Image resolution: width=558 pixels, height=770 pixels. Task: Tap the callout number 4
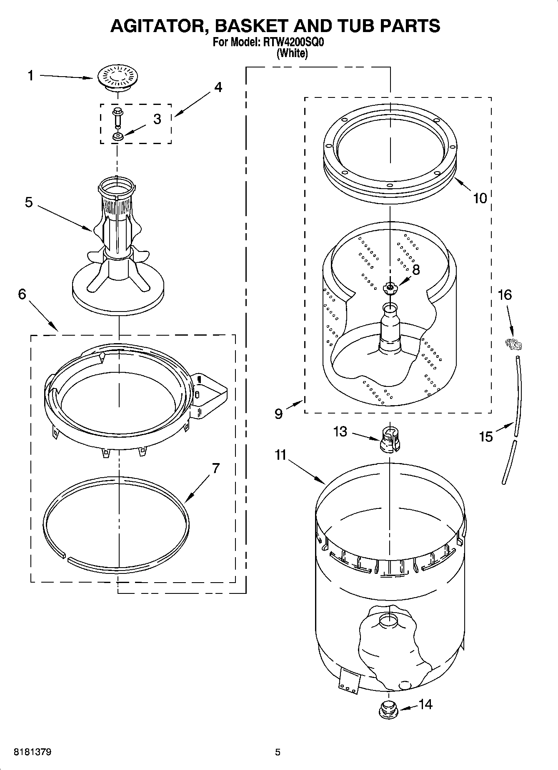coord(218,87)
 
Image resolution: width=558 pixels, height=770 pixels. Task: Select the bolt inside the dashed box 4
coord(118,117)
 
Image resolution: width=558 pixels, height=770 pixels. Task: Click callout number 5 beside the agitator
coord(29,202)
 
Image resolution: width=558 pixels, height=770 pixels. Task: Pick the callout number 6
coord(22,294)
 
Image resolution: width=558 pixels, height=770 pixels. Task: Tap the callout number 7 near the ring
coord(215,468)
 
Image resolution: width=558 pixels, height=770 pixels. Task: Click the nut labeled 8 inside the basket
coord(390,287)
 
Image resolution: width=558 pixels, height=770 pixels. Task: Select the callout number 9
coord(278,414)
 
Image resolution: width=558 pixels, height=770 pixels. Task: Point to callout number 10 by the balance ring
coord(480,198)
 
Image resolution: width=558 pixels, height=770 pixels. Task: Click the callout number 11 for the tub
coord(280,455)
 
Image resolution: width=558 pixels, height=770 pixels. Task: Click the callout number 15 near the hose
coord(486,437)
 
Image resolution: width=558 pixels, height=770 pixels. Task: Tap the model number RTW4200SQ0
coord(293,42)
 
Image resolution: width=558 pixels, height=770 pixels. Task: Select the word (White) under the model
coord(292,53)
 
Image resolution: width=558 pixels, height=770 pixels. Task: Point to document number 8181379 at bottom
coord(33,752)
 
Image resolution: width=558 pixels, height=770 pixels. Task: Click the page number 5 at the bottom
coord(278,752)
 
